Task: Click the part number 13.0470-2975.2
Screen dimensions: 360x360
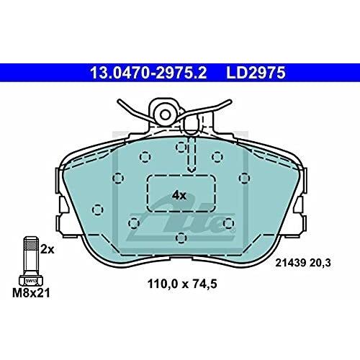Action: click(x=148, y=73)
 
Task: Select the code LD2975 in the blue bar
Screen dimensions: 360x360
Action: click(x=256, y=73)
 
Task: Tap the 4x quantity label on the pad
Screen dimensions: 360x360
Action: click(x=179, y=196)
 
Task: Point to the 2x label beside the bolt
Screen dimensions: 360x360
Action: click(x=48, y=249)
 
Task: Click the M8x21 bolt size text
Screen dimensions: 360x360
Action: click(x=31, y=293)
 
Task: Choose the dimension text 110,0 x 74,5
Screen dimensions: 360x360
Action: click(x=182, y=284)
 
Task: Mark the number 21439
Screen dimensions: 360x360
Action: click(x=290, y=263)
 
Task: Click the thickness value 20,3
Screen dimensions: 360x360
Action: click(x=320, y=263)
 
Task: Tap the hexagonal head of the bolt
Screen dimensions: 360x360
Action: click(x=31, y=280)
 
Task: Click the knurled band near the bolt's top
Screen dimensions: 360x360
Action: click(x=31, y=246)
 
